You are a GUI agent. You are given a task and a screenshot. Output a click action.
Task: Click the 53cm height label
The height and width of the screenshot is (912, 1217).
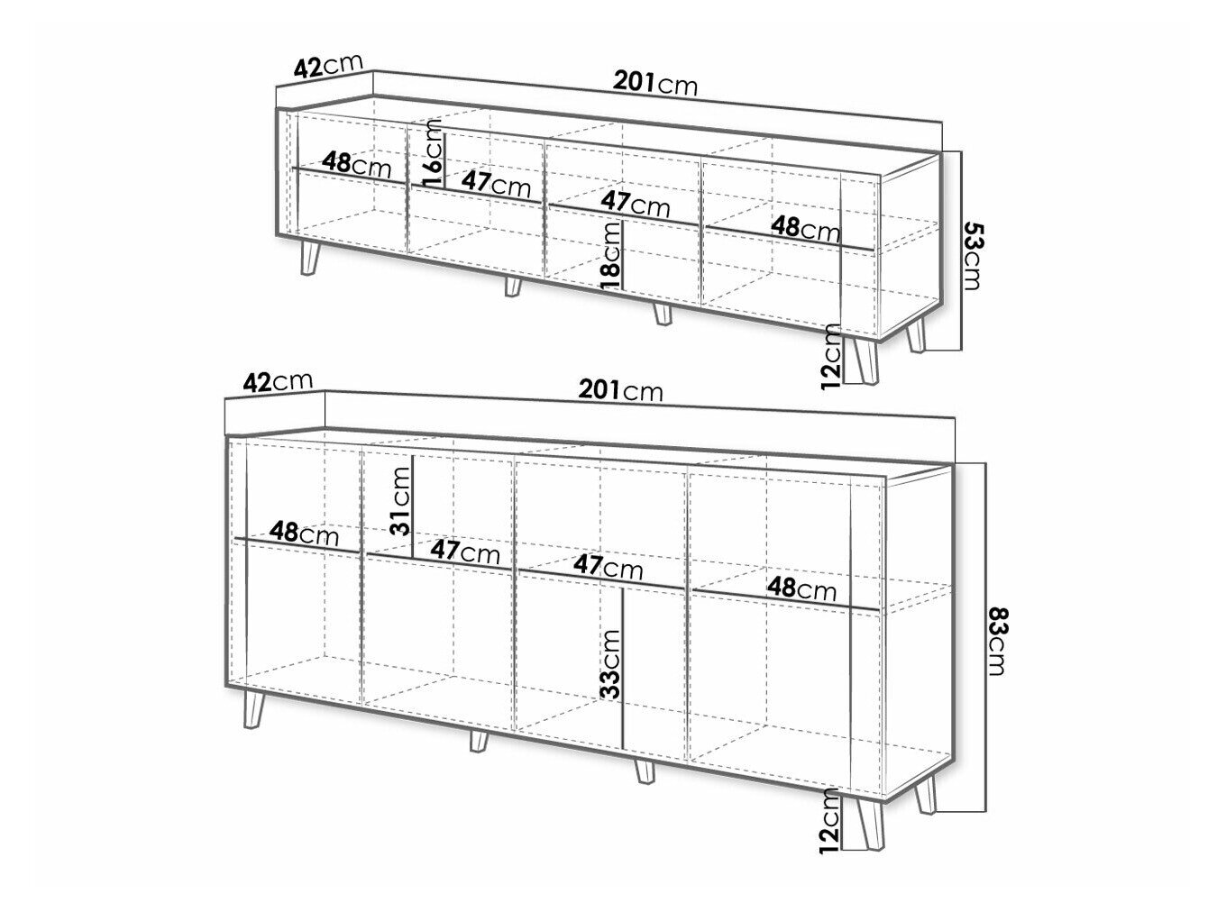[x=972, y=255]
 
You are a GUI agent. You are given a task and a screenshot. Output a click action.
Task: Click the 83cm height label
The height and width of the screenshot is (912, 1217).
[x=996, y=642]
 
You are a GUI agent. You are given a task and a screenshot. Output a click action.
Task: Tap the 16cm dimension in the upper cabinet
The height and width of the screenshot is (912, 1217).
[x=433, y=156]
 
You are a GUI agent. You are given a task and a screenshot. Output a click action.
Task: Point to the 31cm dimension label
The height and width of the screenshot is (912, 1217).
[x=399, y=502]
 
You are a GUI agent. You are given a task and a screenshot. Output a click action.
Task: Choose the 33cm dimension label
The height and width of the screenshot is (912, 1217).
[x=610, y=664]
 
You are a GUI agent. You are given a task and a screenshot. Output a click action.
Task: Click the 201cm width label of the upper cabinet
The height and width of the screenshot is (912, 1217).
[x=654, y=84]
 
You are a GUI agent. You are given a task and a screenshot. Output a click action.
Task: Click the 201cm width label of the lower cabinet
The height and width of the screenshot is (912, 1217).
[x=620, y=390]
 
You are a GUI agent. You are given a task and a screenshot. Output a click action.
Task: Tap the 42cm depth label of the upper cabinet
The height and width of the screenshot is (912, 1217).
[x=327, y=66]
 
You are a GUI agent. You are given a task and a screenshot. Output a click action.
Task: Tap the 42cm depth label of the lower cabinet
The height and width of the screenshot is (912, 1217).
[x=279, y=382]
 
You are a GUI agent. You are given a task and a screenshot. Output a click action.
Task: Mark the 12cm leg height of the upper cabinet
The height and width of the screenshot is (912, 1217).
[x=831, y=357]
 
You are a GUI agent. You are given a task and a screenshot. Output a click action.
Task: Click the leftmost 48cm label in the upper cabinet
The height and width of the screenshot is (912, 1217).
[x=356, y=164]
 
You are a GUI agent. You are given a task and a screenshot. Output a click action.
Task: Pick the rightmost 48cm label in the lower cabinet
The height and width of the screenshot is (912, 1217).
[x=801, y=589]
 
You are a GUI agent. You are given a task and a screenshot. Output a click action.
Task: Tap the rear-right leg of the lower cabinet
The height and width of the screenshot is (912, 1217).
[x=925, y=795]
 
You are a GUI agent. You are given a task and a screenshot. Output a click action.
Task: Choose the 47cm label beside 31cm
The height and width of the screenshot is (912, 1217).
[x=465, y=552]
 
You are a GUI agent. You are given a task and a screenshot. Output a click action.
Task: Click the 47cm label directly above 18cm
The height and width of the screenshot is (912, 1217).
[x=636, y=204]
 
